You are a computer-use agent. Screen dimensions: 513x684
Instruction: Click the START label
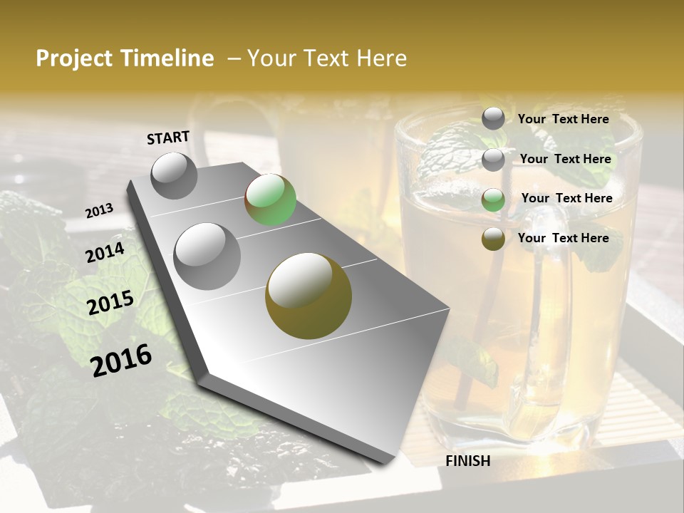pos(168,138)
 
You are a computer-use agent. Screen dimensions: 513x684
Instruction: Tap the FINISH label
pos(468,461)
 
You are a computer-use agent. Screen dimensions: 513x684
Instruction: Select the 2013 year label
pos(100,210)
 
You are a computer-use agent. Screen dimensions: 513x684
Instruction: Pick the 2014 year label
pos(105,252)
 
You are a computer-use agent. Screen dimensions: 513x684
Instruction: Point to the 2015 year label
pos(110,303)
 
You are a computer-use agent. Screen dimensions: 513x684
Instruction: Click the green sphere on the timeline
pos(270,200)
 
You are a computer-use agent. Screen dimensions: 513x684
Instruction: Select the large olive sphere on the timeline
pos(309,296)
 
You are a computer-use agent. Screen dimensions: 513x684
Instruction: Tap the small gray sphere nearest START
pos(174,175)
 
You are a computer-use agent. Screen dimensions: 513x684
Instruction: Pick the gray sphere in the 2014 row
pos(207,256)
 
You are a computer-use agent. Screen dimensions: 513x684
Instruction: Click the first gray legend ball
pos(493,118)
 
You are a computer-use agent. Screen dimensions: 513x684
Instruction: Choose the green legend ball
pos(493,199)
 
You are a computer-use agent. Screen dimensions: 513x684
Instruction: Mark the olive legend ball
pos(493,239)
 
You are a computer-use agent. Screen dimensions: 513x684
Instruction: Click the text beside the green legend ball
pos(566,198)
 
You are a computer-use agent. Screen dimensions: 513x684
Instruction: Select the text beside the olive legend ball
pos(564,238)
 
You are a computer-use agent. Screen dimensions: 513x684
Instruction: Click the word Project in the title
pos(75,58)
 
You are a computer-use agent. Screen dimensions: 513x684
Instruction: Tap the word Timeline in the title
pos(169,58)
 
